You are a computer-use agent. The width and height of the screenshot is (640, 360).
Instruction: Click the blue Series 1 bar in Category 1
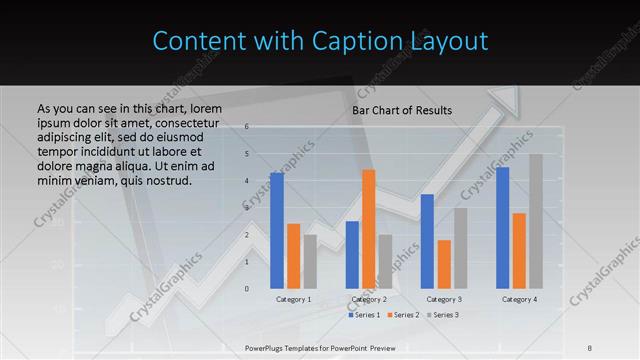[277, 231]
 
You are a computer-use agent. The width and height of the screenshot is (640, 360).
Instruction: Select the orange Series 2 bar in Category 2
[369, 229]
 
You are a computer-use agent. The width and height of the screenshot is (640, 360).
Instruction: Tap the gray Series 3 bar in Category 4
[536, 221]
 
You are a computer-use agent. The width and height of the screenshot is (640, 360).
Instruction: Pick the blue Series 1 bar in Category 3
[427, 241]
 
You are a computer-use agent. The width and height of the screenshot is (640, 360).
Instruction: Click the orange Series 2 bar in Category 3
[444, 264]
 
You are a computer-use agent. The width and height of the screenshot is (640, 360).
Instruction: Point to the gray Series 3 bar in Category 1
[310, 262]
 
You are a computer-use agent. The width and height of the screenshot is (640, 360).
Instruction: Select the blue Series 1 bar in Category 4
[502, 228]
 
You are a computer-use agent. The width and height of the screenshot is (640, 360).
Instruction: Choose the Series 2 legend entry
[403, 315]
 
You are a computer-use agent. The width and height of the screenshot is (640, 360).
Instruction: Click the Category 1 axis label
[294, 299]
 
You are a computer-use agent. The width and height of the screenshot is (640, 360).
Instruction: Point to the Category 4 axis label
[519, 299]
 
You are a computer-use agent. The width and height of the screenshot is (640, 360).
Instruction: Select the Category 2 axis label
[369, 299]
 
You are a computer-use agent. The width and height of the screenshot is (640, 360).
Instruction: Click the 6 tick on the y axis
[247, 128]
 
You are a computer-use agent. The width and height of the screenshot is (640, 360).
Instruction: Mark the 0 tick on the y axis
[247, 289]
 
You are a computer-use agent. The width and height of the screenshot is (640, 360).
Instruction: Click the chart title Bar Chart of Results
[402, 110]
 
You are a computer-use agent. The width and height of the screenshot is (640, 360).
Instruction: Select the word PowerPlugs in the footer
[268, 347]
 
